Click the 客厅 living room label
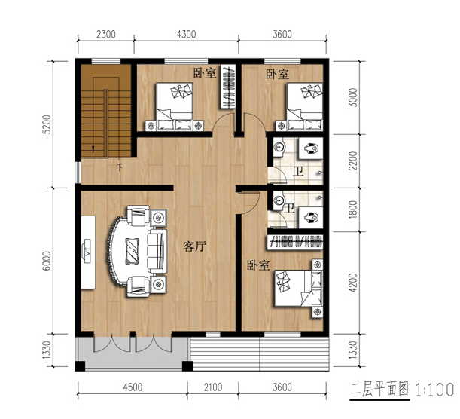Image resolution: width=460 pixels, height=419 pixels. point(194,246)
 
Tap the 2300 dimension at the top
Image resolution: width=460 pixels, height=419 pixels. point(106,35)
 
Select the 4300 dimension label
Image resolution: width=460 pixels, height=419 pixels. point(186,35)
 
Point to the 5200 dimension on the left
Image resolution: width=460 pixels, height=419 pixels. point(47,124)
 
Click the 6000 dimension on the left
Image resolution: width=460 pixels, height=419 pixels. point(47,261)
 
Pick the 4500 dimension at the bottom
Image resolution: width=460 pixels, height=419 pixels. point(133,387)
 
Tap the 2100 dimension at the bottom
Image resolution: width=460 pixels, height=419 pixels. point(213,387)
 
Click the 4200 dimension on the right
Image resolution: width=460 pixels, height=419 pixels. point(354,283)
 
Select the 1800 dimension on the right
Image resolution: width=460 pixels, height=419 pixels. point(354,209)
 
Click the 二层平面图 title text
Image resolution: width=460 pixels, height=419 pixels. point(379,390)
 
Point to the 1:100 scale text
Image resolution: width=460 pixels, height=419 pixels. point(434,390)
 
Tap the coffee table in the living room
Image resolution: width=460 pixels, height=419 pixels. point(132,251)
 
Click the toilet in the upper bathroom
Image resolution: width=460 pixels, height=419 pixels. point(311,148)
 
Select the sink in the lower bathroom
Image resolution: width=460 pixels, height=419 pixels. point(279,201)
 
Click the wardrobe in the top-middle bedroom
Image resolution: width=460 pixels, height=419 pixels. point(228,87)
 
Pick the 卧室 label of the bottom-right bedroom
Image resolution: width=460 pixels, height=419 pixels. point(258,265)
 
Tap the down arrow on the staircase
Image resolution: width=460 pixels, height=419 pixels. point(93,149)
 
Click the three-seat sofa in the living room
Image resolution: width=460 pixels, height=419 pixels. point(157,251)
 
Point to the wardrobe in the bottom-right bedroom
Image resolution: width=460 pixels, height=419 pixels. point(295,243)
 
